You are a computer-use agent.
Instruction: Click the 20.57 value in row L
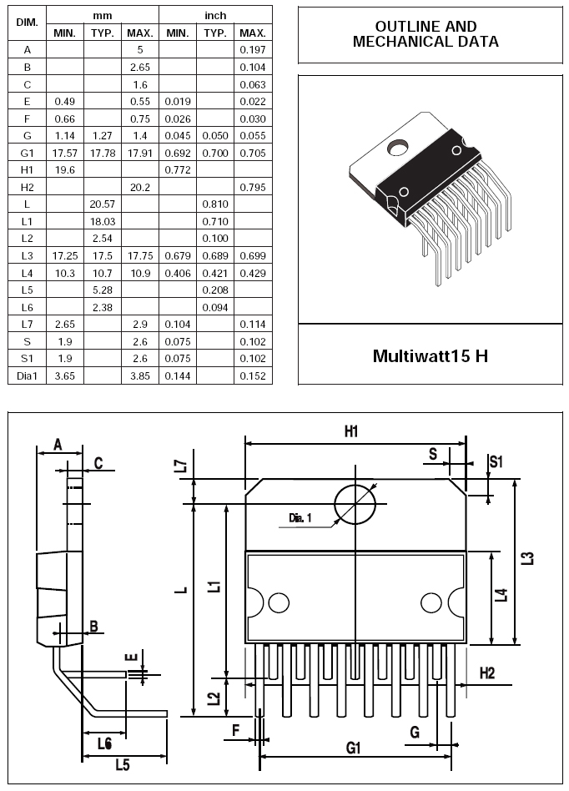click(103, 204)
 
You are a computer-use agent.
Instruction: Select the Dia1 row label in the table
click(27, 375)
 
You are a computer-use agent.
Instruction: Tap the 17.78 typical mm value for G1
click(103, 153)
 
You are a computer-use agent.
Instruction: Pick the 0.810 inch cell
click(215, 204)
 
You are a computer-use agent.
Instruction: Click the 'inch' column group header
click(215, 16)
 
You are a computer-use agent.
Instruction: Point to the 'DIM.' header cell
click(28, 23)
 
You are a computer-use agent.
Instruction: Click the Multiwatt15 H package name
click(431, 356)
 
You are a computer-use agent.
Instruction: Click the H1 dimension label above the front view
click(351, 431)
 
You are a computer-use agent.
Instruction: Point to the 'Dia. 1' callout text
click(300, 517)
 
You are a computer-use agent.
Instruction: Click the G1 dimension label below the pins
click(354, 747)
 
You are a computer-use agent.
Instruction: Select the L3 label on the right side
click(527, 558)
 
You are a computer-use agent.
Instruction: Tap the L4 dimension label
click(501, 595)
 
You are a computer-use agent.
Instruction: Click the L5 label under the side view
click(123, 765)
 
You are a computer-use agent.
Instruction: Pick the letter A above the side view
click(58, 445)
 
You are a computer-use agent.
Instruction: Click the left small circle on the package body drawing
click(279, 602)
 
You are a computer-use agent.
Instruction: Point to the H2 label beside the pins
click(486, 673)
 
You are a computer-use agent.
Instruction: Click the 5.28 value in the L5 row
click(103, 290)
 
